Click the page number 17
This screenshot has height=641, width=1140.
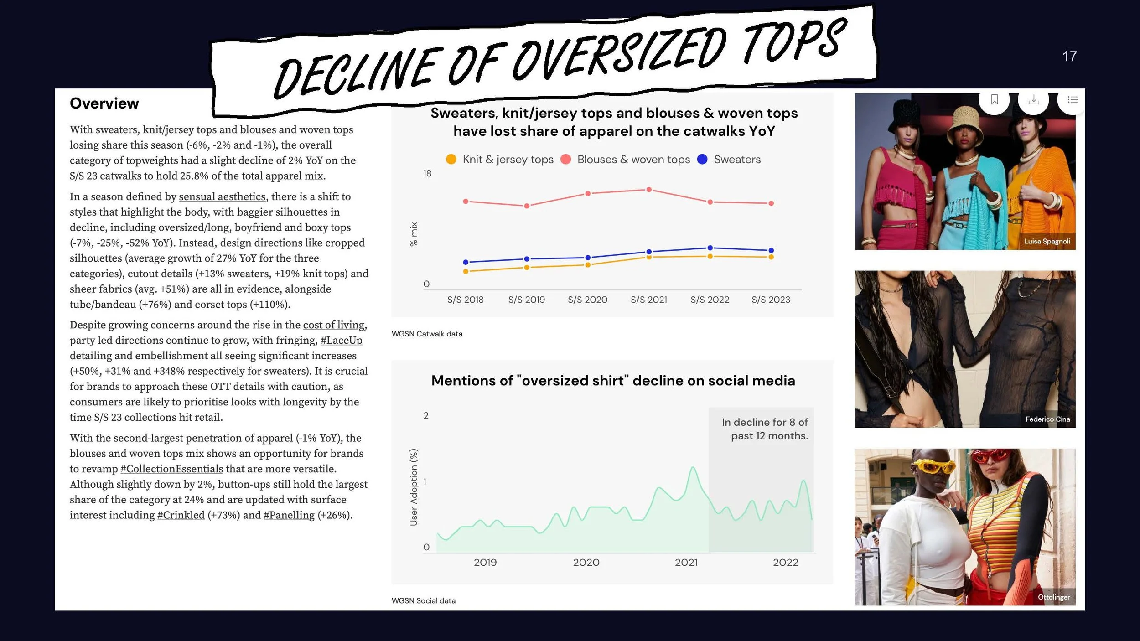1069,56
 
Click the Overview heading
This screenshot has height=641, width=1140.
104,103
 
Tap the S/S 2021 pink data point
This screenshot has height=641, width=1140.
649,190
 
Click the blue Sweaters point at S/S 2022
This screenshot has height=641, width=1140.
710,248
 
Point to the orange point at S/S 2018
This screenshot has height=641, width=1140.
466,271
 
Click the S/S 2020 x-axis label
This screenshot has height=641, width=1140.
587,300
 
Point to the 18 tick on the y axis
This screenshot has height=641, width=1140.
427,174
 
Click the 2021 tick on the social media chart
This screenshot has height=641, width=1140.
686,563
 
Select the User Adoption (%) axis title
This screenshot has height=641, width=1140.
414,487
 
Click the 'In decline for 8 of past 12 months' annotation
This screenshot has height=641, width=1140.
765,429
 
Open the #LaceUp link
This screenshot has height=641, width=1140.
342,341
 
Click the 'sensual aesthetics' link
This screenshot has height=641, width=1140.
222,196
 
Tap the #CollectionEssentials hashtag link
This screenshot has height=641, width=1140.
171,469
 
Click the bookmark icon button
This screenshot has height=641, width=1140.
995,99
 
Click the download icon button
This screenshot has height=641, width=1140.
1033,99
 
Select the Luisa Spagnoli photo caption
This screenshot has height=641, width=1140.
1047,242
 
